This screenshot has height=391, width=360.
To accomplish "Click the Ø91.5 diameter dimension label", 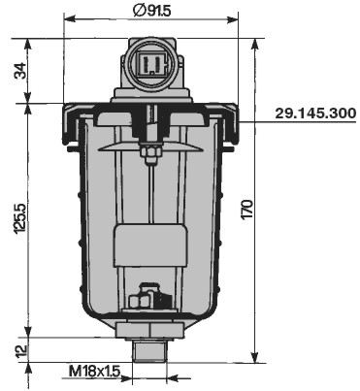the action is (x=151, y=11).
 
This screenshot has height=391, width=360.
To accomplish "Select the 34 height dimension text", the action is (x=21, y=71).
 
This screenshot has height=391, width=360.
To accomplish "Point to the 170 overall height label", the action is (x=247, y=210).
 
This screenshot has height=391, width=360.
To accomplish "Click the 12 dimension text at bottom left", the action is (x=20, y=351).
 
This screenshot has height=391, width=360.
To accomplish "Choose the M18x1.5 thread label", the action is (x=94, y=371).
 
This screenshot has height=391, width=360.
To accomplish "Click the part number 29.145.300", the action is (x=315, y=114).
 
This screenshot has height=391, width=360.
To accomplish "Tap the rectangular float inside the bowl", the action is (x=150, y=245).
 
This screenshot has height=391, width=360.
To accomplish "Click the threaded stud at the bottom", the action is (x=149, y=349).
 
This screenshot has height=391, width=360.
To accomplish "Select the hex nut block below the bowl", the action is (x=150, y=330).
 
